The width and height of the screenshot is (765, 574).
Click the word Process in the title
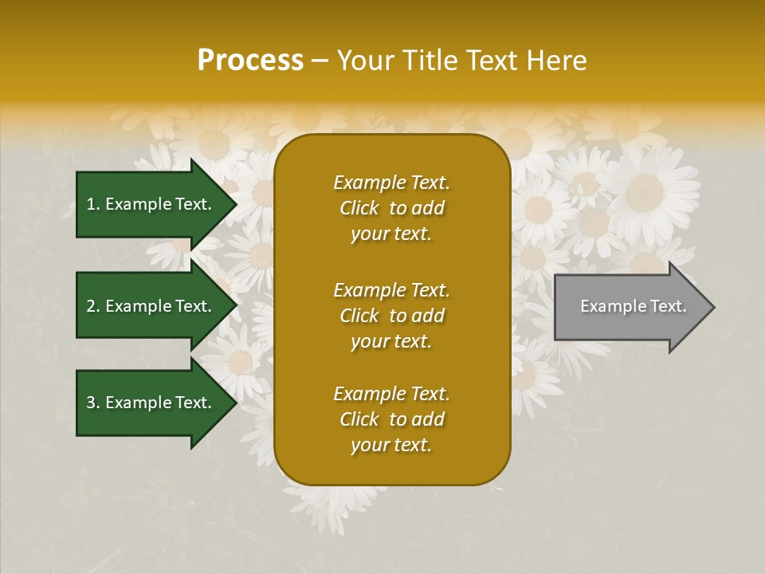tap(250, 61)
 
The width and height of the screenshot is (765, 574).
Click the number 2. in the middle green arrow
tap(93, 306)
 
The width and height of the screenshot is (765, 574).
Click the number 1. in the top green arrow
tap(92, 204)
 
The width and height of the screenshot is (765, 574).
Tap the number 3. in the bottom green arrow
tap(93, 403)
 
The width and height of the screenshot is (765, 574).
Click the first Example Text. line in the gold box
tap(391, 183)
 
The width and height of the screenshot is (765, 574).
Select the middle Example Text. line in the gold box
tap(391, 290)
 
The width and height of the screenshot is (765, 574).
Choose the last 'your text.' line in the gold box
tap(391, 446)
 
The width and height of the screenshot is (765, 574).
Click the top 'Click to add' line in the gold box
tap(391, 208)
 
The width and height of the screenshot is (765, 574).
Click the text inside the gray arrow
tap(633, 306)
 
